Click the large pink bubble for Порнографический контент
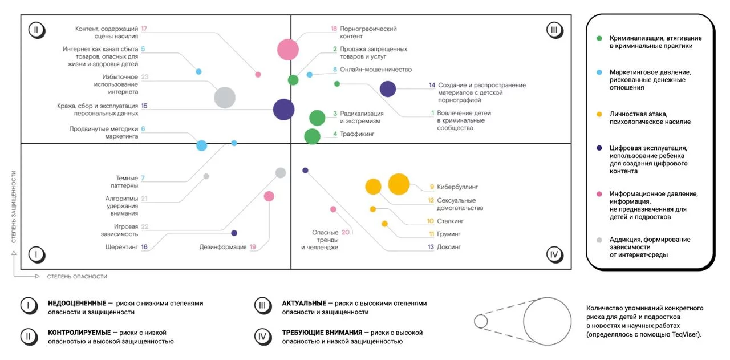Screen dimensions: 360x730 288,49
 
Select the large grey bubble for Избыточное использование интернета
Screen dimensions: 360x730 225,98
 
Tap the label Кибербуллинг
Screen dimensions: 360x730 457,187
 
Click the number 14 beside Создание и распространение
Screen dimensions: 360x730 432,85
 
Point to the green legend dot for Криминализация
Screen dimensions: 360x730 599,38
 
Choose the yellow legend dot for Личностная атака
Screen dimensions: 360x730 599,114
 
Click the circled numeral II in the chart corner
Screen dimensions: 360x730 36,30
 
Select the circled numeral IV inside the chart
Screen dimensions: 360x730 554,254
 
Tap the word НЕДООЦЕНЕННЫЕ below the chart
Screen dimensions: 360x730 77,303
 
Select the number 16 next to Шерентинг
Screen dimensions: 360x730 144,247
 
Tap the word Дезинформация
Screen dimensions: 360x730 223,247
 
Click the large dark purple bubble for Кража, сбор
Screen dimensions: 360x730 283,110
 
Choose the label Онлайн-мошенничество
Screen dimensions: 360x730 376,70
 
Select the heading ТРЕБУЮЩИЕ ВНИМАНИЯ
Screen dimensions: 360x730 322,333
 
